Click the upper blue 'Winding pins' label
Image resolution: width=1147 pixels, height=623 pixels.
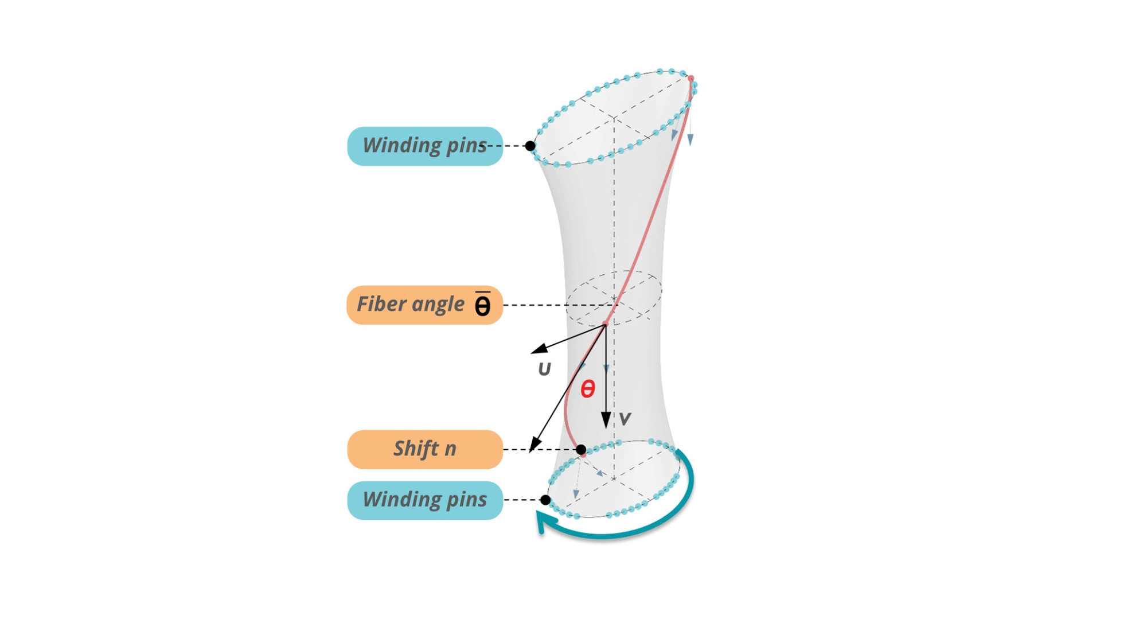click(425, 146)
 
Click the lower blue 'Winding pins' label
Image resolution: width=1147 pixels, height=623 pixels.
click(425, 500)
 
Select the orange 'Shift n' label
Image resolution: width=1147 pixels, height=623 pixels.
click(425, 449)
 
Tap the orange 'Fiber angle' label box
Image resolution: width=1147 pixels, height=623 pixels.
click(425, 305)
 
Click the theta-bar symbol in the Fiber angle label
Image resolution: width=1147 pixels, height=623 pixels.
click(483, 304)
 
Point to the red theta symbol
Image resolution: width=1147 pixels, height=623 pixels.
click(588, 390)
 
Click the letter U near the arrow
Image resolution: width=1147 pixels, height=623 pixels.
click(544, 369)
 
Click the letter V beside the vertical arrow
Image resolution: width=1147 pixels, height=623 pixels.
click(625, 419)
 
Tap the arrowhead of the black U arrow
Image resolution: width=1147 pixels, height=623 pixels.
click(539, 348)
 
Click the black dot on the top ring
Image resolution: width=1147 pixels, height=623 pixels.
click(530, 146)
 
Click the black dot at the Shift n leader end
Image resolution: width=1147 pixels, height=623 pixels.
click(581, 450)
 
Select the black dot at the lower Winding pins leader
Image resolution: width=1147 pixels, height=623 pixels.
click(545, 500)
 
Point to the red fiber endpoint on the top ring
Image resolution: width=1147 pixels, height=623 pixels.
click(691, 79)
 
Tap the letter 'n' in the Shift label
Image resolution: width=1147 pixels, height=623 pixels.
click(451, 449)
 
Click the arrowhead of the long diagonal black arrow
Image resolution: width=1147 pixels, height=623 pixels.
click(534, 445)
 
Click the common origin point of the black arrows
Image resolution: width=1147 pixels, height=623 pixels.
click(605, 325)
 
